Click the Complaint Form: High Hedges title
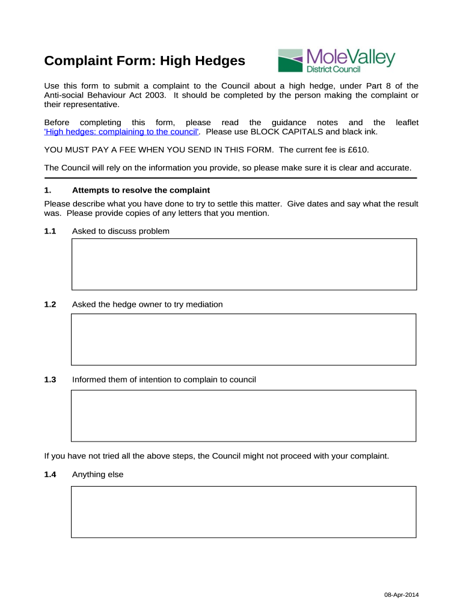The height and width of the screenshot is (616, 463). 145,61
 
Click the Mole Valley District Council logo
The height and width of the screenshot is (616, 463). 336,61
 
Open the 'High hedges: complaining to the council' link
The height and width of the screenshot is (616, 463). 122,132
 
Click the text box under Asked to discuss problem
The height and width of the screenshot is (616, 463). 244,264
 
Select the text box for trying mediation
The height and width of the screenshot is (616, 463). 244,339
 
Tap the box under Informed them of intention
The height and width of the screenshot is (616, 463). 244,416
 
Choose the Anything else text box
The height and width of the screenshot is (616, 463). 244,511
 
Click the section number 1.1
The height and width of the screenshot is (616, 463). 50,231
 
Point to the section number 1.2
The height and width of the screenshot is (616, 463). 50,304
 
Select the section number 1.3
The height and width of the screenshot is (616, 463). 50,380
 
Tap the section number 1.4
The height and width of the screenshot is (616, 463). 50,475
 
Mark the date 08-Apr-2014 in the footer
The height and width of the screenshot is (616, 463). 402,595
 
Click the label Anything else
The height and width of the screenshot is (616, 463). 97,475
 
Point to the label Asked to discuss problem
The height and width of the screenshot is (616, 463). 120,231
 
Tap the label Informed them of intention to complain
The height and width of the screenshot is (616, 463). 164,380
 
